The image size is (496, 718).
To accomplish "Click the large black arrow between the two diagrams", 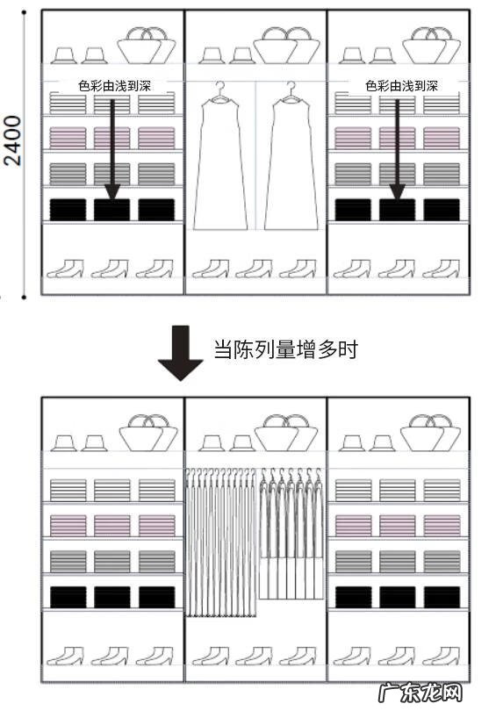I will pyautogui.click(x=180, y=352).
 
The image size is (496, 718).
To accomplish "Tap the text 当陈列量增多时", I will pyautogui.click(x=285, y=349).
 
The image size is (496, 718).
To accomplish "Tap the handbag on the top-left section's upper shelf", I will pyautogui.click(x=146, y=45).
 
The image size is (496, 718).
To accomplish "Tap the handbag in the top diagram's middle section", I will pyautogui.click(x=286, y=45).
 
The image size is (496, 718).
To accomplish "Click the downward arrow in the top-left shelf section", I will pyautogui.click(x=112, y=145).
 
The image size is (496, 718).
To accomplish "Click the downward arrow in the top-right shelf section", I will pyautogui.click(x=398, y=145).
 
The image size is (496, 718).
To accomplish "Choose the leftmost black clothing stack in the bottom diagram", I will pyautogui.click(x=68, y=597).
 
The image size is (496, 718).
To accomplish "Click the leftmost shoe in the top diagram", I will pyautogui.click(x=65, y=268).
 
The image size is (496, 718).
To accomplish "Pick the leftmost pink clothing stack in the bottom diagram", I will pyautogui.click(x=68, y=526).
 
